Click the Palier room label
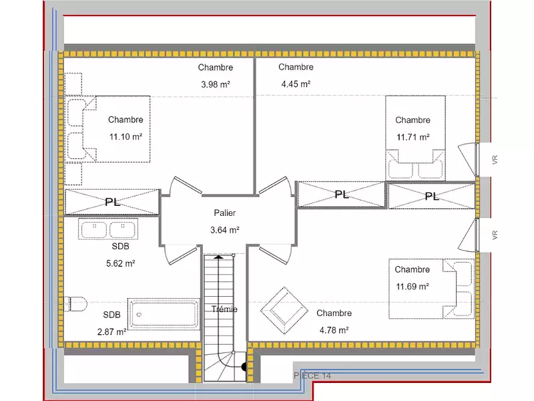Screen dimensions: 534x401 pos(224,213)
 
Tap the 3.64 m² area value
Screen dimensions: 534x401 pos(225,230)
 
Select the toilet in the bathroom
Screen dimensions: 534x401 pos(75,304)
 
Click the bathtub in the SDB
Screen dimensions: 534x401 pos(164,314)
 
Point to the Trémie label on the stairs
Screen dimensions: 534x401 pos(224,309)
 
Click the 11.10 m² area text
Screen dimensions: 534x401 pos(125,137)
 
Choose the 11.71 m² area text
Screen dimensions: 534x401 pos(413,137)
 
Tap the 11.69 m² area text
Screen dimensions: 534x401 pos(412,287)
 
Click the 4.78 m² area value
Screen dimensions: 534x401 pos(334,330)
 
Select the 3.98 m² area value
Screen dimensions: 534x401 pos(216,84)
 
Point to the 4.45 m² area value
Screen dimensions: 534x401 pos(296,84)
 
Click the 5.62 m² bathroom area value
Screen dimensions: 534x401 pos(121,263)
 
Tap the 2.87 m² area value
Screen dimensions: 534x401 pos(112,331)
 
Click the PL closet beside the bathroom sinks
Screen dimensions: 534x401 pos(112,202)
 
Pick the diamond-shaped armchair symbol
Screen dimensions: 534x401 pos(284,311)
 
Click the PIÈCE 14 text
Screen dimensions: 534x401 pos(312,376)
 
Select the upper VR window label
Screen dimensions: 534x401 pos(495,160)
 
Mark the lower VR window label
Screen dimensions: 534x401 pos(495,235)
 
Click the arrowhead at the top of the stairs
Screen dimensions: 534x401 pos(219,257)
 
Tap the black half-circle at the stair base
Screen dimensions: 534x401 pos(244,367)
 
